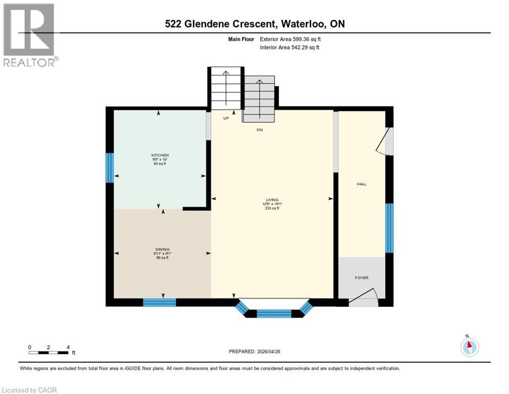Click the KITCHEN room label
pos(160,155)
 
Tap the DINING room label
pos(163,249)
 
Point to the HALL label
pos(362,184)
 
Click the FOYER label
pos(362,278)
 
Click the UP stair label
pos(225,119)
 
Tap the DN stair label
pos(260,130)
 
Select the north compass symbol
pos(469,347)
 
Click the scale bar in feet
pos(49,352)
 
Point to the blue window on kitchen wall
pos(109,167)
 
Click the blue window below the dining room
pos(159,302)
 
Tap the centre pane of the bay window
pos(273,313)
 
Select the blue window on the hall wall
pos(389,228)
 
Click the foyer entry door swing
pos(364,299)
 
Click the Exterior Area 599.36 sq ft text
pos(290,39)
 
